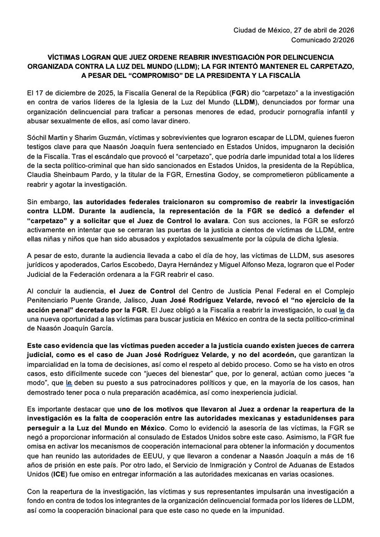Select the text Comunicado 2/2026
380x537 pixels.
pyautogui.click(x=323, y=39)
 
